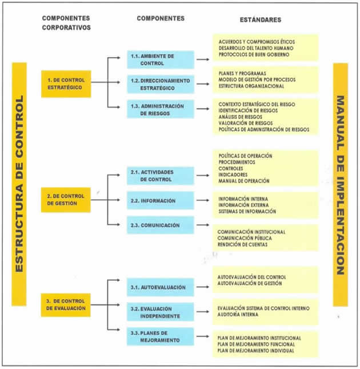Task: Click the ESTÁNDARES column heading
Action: [261, 20]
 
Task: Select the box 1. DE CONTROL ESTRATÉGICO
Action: [66, 84]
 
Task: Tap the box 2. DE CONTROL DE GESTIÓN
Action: [66, 200]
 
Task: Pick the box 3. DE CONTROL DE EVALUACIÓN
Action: [66, 305]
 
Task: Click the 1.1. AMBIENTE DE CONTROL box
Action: [161, 59]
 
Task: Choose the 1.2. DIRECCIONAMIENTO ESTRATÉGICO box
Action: [161, 84]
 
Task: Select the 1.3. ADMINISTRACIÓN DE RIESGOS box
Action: [161, 109]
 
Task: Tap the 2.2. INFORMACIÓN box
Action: [161, 200]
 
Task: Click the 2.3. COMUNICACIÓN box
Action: [161, 225]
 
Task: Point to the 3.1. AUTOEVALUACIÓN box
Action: [161, 287]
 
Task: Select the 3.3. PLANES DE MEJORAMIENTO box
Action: [161, 336]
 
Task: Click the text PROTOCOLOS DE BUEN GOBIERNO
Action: [254, 54]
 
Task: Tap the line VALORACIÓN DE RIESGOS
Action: [246, 123]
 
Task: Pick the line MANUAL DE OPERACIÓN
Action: [244, 181]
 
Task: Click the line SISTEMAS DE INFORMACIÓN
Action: [247, 211]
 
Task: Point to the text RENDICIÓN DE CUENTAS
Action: [242, 244]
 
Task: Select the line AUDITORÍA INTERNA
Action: [238, 315]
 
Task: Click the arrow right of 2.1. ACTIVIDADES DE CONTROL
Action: [203, 175]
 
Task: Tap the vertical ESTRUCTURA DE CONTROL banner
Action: [19, 184]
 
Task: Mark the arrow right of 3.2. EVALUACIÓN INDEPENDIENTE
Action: [203, 312]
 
